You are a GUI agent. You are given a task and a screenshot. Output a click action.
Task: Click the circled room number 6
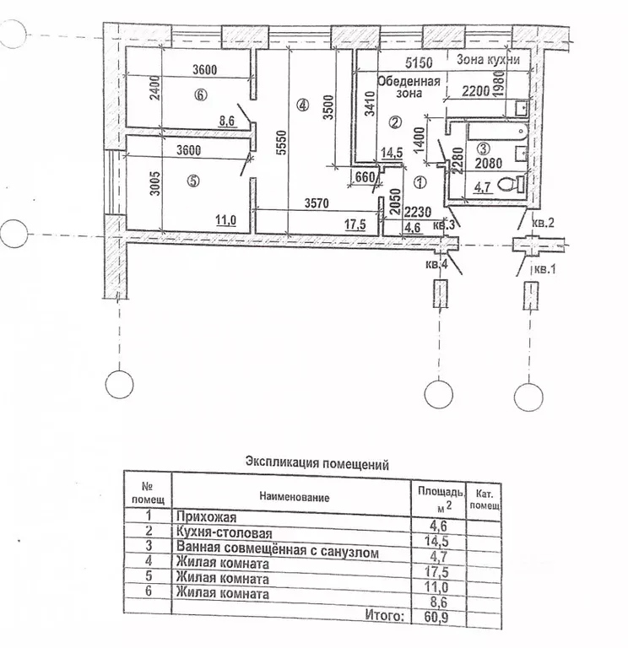point(201,95)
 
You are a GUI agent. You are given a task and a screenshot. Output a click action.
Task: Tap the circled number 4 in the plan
point(303,105)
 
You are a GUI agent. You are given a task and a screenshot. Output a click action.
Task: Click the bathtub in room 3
point(498,132)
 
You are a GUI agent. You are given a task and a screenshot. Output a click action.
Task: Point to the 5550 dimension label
point(281,143)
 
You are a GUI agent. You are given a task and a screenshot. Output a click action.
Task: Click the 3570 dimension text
point(317,202)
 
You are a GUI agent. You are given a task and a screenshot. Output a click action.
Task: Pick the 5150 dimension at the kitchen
point(419,62)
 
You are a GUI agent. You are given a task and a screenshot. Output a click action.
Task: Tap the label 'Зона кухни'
point(488,60)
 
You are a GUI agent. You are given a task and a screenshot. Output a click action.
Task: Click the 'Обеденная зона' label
point(409,87)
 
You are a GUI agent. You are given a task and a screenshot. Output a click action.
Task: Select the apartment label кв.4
point(436,264)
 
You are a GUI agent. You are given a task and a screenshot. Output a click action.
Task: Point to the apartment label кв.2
point(543,223)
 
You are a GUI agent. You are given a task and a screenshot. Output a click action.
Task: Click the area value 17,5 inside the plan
point(355,224)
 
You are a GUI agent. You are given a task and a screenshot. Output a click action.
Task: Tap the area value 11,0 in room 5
point(225,220)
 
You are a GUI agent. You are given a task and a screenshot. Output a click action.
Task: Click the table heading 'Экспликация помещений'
point(317,463)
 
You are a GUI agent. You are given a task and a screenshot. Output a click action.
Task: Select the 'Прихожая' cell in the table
point(206,517)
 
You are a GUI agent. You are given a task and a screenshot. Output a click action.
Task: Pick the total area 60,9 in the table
point(437,618)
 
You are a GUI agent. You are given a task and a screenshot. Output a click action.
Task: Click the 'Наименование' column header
point(295,497)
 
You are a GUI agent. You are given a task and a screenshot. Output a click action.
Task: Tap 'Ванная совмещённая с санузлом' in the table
point(278,549)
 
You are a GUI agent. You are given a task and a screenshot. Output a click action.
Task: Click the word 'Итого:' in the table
point(384,615)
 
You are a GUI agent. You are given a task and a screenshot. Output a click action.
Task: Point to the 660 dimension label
point(365,177)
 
